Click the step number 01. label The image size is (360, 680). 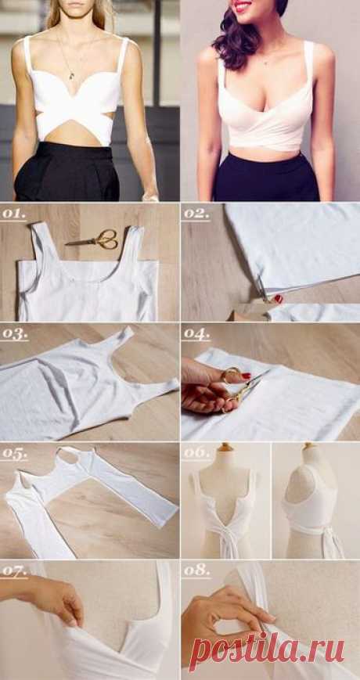[x=13, y=214]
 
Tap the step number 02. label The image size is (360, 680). [x=196, y=214]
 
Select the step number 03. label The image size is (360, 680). [x=14, y=334]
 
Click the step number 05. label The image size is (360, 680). [x=14, y=453]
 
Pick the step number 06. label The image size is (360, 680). [x=196, y=452]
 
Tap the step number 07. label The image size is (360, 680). [x=14, y=570]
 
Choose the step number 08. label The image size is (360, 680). [x=196, y=570]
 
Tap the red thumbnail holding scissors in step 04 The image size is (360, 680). [x=246, y=376]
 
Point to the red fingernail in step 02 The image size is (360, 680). [x=278, y=298]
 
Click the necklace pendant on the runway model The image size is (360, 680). [x=71, y=76]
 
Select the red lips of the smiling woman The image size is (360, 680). [x=243, y=6]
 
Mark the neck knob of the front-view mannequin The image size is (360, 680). [x=225, y=447]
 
